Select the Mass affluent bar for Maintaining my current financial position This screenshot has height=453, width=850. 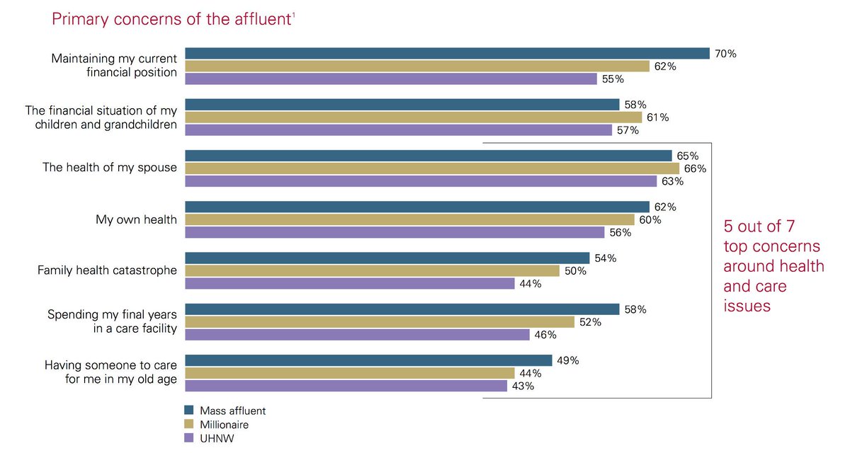[447, 53]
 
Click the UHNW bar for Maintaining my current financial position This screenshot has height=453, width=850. [391, 79]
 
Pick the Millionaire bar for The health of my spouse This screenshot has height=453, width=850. [432, 168]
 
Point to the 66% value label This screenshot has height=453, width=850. [695, 168]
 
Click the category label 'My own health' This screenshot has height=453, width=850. [136, 219]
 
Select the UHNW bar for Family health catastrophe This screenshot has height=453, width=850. [350, 284]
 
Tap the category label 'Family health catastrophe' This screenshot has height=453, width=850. [107, 270]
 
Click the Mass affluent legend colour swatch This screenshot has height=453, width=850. [189, 411]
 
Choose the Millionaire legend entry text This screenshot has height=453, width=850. [224, 425]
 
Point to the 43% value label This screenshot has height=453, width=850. [523, 386]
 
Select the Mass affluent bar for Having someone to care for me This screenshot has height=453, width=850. [368, 360]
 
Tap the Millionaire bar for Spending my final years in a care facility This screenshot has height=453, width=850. [380, 322]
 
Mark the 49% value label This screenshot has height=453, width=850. [567, 360]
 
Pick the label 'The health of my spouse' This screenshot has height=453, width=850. [110, 168]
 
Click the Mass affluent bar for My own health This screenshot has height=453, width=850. [417, 207]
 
